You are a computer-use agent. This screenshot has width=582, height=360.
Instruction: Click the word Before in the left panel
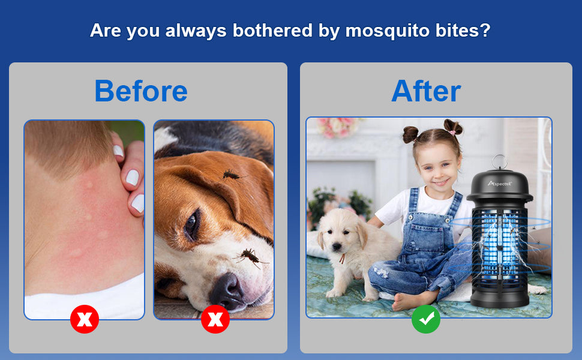tap(141, 91)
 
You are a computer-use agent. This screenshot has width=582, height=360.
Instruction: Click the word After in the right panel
tap(426, 91)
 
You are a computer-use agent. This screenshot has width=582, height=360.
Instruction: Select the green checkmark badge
tap(426, 319)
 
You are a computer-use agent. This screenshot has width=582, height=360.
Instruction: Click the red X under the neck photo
tap(85, 319)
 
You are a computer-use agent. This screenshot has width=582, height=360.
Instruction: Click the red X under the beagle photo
tap(215, 319)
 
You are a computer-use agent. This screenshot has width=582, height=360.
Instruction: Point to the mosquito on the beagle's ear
tap(232, 175)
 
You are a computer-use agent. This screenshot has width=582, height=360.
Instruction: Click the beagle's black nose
tap(227, 290)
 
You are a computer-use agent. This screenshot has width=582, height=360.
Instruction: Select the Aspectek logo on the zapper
tap(500, 184)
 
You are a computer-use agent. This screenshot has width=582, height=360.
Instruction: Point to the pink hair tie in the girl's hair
tap(451, 132)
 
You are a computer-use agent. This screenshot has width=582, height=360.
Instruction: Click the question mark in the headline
tap(485, 30)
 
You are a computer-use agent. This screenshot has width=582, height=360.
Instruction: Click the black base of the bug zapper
tap(500, 297)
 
